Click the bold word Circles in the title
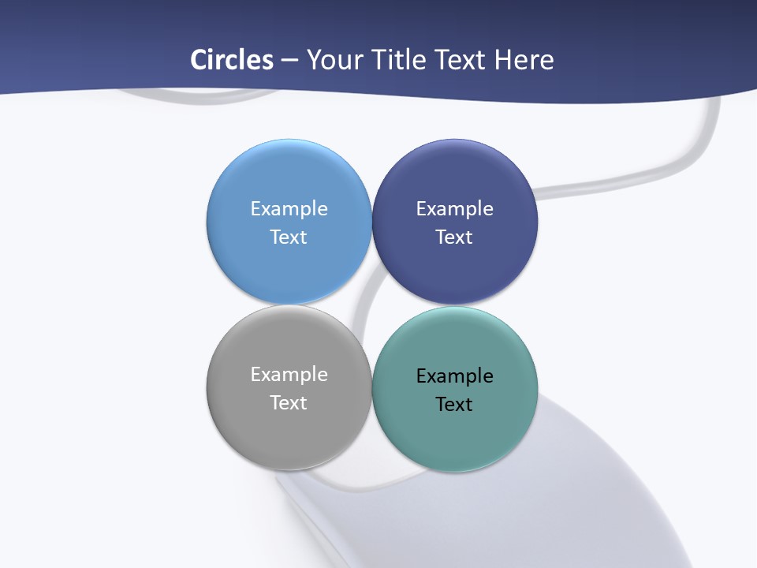(x=231, y=60)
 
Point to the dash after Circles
(x=289, y=60)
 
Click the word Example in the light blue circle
(x=289, y=208)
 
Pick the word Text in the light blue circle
(x=289, y=237)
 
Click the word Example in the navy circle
(x=454, y=208)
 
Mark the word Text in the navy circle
(x=454, y=237)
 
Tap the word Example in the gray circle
(x=289, y=374)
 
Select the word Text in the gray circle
(x=289, y=402)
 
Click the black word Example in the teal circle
(x=454, y=376)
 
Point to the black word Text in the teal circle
(x=454, y=404)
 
